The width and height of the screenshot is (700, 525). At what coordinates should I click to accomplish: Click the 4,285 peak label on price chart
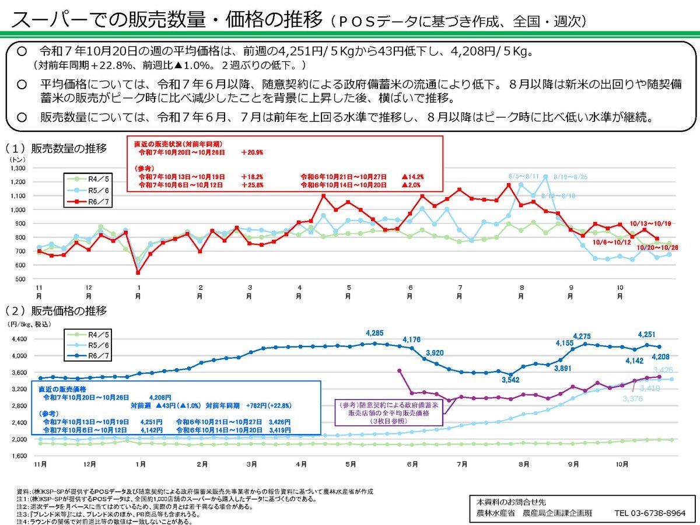click(x=375, y=333)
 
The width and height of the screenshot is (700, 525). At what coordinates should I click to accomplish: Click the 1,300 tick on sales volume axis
click(x=18, y=168)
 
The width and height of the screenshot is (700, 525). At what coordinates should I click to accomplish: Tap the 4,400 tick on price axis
click(x=20, y=339)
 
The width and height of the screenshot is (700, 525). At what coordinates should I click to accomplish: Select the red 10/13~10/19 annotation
click(x=651, y=223)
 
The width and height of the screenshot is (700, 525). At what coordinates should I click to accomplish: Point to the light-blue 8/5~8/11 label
click(x=524, y=176)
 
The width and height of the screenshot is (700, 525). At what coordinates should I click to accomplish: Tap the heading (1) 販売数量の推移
click(x=56, y=148)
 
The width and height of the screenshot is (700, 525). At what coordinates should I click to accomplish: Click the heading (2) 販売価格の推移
click(x=56, y=311)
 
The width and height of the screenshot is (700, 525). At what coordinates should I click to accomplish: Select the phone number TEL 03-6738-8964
click(x=648, y=513)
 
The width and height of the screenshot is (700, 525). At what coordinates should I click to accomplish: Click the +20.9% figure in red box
click(x=252, y=152)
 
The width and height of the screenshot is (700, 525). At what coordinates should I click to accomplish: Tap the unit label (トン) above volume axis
click(x=16, y=158)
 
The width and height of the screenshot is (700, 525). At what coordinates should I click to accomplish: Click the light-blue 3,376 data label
click(x=633, y=398)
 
